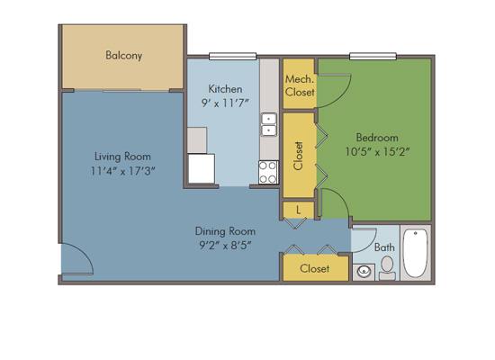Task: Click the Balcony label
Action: pos(124,56)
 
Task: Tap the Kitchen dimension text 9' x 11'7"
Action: pos(225,103)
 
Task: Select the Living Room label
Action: pos(122,157)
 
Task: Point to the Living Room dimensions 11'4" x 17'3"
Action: pos(122,171)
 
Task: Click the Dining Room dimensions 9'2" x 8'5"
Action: pos(225,246)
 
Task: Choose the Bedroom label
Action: pos(377,138)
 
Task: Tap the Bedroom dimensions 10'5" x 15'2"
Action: pos(377,152)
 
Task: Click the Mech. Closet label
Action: pos(300,85)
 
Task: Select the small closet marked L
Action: pos(298,210)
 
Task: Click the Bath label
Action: pos(384,247)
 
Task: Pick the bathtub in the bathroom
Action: pos(416,254)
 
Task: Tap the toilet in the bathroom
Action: pos(387,268)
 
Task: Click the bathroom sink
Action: pos(364,272)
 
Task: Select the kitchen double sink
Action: pos(269,125)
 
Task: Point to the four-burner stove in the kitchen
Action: pos(269,173)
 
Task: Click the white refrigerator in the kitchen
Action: pos(202,168)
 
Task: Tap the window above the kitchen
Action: pos(233,56)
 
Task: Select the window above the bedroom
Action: pos(373,56)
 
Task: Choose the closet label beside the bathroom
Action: pos(314,269)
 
